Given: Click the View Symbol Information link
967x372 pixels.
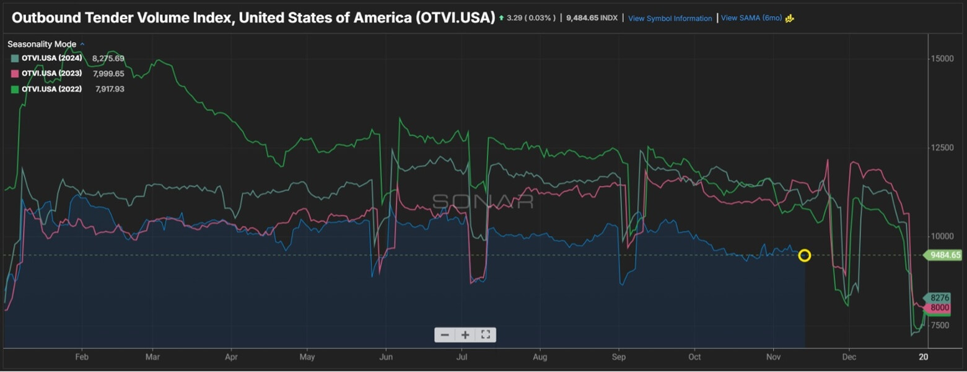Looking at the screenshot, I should (x=670, y=19).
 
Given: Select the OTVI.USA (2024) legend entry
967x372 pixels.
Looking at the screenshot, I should (x=51, y=58).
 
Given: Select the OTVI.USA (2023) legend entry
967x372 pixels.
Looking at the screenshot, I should (x=51, y=74).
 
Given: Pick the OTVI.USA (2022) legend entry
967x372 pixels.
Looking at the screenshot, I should (x=51, y=89).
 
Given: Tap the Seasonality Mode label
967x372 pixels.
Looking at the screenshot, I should (x=42, y=44).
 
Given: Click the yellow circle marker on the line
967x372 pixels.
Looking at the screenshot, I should (x=804, y=255).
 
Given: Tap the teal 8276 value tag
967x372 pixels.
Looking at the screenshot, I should (x=939, y=298).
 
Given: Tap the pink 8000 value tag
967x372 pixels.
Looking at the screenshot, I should (x=939, y=308).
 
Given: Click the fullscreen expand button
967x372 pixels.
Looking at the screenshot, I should (x=485, y=335).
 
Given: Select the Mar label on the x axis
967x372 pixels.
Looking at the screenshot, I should (x=152, y=357).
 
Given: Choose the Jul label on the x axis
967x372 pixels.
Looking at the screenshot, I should (x=462, y=357).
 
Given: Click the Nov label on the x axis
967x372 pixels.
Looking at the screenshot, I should (x=773, y=357).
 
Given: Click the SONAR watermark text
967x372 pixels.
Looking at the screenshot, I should (x=483, y=201).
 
